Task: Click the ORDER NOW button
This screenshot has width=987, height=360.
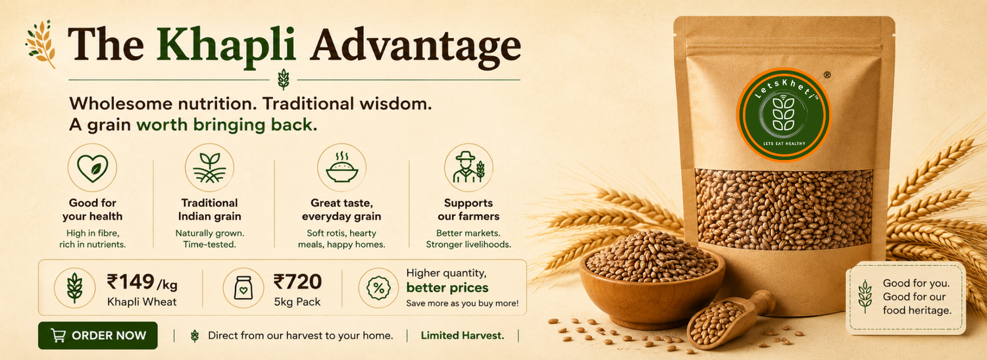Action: point(98,336)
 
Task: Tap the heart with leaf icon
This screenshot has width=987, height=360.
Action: point(93,168)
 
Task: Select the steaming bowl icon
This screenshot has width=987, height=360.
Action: point(342,168)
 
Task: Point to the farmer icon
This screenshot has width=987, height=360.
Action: point(468,168)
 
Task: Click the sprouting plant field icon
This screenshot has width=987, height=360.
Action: point(209,168)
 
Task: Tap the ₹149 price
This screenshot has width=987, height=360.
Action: point(130,282)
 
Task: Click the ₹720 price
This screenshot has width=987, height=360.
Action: point(297,282)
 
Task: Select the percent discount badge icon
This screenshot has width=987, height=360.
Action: point(378,288)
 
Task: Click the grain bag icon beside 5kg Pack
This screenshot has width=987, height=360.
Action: point(243,288)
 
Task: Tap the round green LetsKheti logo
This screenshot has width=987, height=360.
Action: point(784,115)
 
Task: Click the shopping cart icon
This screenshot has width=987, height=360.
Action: point(58,336)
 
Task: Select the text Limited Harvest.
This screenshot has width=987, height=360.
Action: point(462,336)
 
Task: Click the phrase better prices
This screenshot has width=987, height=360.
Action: point(447,288)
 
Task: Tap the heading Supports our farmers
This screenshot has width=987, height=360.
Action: point(468,209)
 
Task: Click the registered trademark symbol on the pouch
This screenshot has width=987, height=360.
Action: point(827,75)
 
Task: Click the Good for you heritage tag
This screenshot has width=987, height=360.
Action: point(906,297)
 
